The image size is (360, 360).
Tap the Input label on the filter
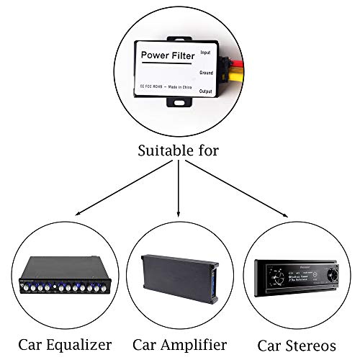pyautogui.click(x=205, y=52)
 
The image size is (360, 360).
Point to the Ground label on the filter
pyautogui.click(x=206, y=73)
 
